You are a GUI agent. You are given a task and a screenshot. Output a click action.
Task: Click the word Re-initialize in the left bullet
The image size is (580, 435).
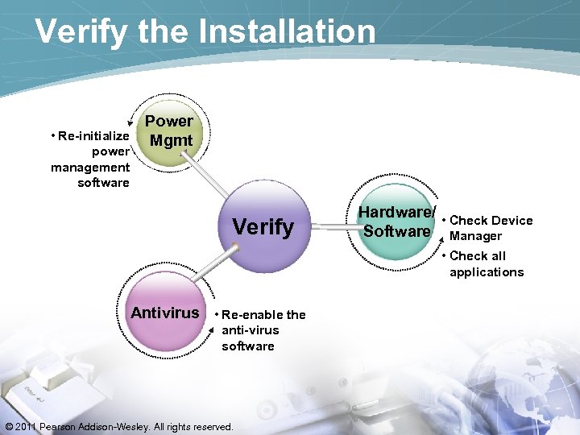click(x=93, y=136)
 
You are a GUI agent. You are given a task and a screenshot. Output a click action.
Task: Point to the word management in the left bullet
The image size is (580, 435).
click(x=90, y=167)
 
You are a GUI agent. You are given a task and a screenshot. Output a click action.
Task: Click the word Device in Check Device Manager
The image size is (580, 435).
click(x=513, y=221)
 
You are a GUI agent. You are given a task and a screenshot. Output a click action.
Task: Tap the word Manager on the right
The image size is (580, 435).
click(x=475, y=236)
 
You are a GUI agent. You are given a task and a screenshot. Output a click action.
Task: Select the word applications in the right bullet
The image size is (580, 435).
click(x=487, y=272)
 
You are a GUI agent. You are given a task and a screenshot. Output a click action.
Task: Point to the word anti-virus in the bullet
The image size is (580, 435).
click(x=250, y=330)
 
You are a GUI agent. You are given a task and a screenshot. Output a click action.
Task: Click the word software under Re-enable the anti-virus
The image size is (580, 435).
click(x=247, y=346)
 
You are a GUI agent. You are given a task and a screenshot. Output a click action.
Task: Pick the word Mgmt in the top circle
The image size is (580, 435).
click(x=171, y=141)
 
